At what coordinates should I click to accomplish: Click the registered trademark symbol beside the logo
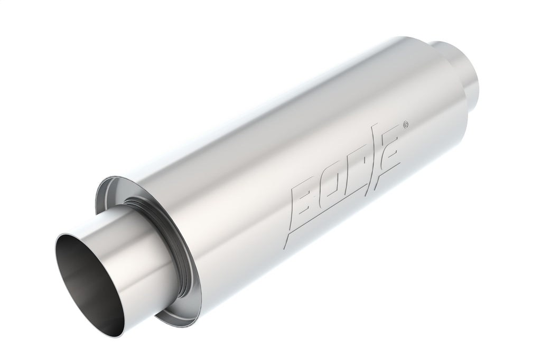(x=405, y=126)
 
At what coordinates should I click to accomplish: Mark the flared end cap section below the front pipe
(x=174, y=317)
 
